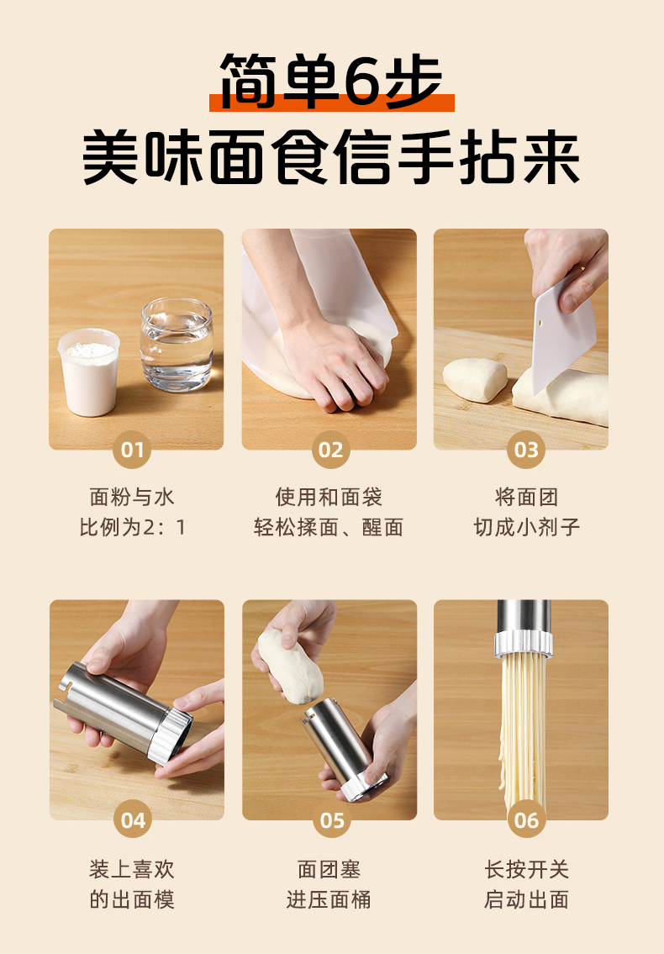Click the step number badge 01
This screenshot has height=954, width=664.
click(x=131, y=450)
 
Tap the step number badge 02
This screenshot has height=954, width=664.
click(x=330, y=450)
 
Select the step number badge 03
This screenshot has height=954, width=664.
click(x=526, y=450)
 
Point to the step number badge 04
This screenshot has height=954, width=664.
click(x=133, y=820)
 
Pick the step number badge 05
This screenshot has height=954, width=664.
click(x=332, y=820)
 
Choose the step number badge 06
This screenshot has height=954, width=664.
click(x=526, y=820)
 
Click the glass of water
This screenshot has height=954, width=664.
click(x=177, y=344)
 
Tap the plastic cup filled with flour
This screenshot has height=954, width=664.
click(x=89, y=372)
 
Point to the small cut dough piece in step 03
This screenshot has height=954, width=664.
click(x=475, y=380)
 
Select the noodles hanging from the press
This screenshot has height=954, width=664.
click(x=524, y=730)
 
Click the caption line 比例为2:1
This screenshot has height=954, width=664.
click(x=132, y=527)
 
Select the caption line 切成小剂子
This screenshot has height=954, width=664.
click(x=526, y=527)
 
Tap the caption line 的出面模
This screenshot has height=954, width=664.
click(x=132, y=899)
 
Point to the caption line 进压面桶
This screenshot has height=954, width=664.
click(x=329, y=899)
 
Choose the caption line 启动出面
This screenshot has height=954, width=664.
click(x=526, y=899)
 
